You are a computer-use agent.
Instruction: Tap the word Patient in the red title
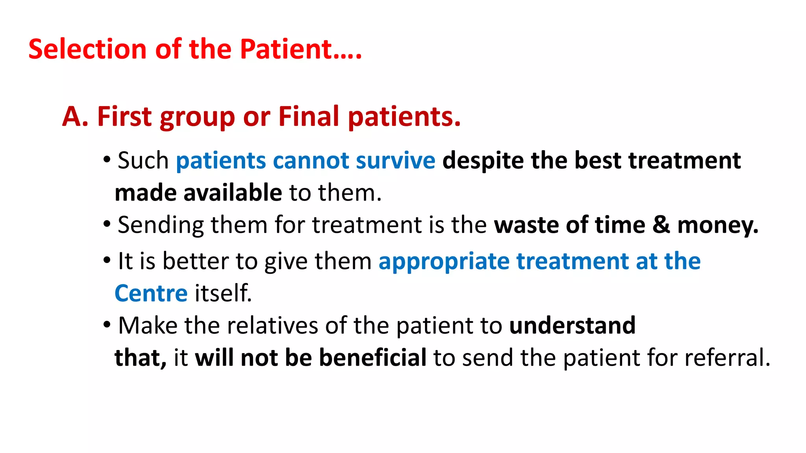(287, 49)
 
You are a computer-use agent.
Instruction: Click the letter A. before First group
(75, 117)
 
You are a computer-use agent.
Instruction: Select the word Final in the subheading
(309, 117)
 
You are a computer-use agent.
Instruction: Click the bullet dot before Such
(107, 160)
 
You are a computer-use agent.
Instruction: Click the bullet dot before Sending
(107, 225)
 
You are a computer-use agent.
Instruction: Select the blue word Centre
(151, 294)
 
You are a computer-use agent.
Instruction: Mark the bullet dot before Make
(107, 325)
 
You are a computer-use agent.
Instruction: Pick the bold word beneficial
(372, 357)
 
